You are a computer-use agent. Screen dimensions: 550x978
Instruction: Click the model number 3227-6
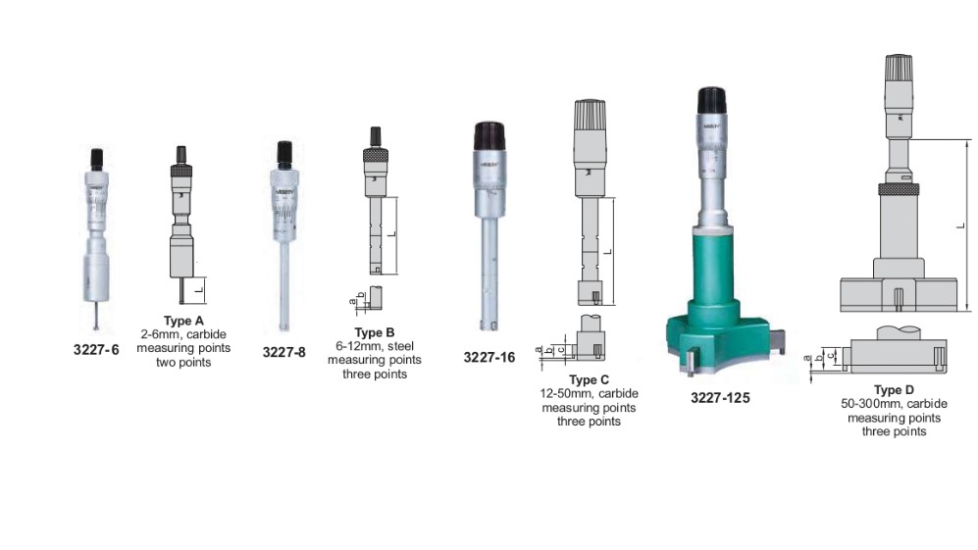point(96,349)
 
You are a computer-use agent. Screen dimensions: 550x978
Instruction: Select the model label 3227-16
point(489,358)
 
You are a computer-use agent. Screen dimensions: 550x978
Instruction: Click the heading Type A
point(183,321)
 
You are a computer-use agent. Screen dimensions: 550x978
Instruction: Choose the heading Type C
point(589,379)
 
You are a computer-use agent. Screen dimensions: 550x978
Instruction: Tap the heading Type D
point(894,391)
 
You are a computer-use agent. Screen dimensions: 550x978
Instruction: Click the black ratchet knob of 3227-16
point(489,135)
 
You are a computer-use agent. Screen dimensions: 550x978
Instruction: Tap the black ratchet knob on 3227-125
point(712,101)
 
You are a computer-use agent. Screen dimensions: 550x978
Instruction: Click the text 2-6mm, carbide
point(183,334)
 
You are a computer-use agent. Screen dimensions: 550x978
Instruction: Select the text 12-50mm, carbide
point(589,393)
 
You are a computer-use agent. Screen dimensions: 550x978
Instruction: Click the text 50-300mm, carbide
point(894,405)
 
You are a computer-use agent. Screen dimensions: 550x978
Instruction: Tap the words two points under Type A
point(183,362)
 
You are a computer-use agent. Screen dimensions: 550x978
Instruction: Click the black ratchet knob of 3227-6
point(96,158)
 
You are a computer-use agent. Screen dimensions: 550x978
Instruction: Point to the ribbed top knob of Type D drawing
point(900,68)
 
